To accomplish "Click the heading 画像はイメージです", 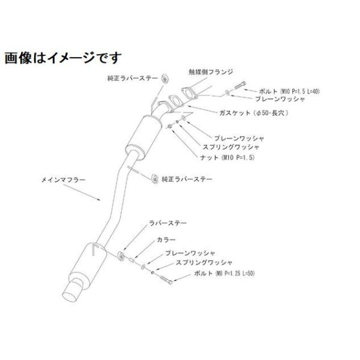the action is (63, 58).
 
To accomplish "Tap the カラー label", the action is (166, 239).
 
